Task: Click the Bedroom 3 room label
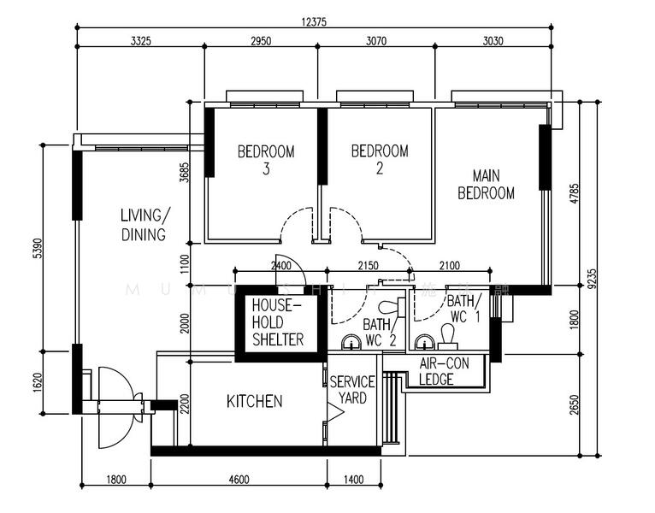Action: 266,160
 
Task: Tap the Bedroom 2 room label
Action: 380,159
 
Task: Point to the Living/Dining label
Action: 143,224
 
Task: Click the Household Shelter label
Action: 277,322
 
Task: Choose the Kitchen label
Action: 254,401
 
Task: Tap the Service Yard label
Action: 352,390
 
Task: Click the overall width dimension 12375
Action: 318,23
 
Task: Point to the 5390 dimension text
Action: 36,248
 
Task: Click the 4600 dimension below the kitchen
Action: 239,479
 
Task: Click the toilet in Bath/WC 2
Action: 391,307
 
